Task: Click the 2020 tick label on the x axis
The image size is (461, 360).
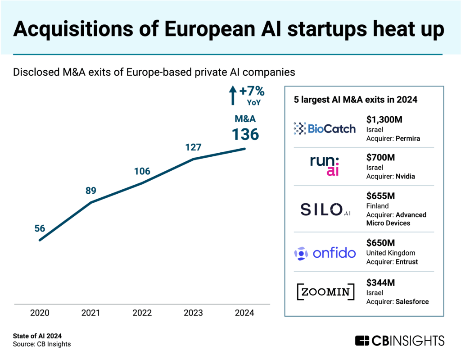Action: pyautogui.click(x=40, y=313)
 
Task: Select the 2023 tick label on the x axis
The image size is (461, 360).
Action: pyautogui.click(x=193, y=313)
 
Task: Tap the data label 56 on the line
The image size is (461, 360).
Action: pyautogui.click(x=40, y=228)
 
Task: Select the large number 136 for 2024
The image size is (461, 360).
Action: pyautogui.click(x=245, y=134)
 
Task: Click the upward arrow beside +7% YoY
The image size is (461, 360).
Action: pyautogui.click(x=233, y=96)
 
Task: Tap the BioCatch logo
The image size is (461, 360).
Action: pyautogui.click(x=325, y=129)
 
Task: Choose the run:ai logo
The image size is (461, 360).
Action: pyautogui.click(x=325, y=166)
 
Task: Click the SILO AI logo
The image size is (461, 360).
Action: pyautogui.click(x=325, y=209)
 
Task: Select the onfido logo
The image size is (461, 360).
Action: pyautogui.click(x=325, y=253)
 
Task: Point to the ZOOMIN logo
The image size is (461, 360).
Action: pyautogui.click(x=325, y=292)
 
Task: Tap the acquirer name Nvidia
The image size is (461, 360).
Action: pyautogui.click(x=405, y=177)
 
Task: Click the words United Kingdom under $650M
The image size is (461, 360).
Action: pyautogui.click(x=391, y=253)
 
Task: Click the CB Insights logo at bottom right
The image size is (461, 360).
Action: pyautogui.click(x=399, y=340)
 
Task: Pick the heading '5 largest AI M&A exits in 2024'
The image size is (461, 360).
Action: pyautogui.click(x=355, y=100)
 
